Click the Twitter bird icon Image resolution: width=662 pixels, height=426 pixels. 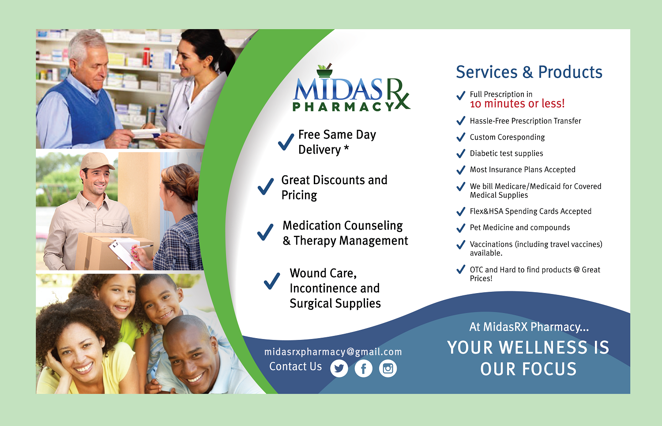click(x=339, y=368)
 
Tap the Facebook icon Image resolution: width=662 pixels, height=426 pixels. click(x=363, y=368)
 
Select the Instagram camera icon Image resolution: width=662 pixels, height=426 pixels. click(x=388, y=368)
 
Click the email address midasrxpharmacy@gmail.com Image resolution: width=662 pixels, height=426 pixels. click(x=333, y=352)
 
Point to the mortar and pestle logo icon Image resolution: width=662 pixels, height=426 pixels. click(x=325, y=71)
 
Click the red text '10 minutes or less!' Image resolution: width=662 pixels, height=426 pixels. click(x=517, y=104)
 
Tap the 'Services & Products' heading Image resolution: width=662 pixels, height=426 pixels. click(x=529, y=72)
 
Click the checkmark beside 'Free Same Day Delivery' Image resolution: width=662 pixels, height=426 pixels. click(x=286, y=142)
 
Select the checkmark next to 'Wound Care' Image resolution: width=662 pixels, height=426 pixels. click(x=272, y=281)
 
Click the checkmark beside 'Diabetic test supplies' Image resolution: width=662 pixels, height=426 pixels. click(x=461, y=154)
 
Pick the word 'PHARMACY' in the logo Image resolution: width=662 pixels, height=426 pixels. click(x=343, y=107)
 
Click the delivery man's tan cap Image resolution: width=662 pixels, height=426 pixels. click(x=96, y=161)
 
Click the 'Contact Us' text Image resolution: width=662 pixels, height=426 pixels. click(x=295, y=367)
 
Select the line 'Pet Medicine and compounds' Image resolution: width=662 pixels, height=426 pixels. click(x=519, y=228)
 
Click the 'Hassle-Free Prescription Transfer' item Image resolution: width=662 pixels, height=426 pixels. click(x=525, y=121)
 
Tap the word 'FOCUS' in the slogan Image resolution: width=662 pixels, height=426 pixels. click(x=549, y=369)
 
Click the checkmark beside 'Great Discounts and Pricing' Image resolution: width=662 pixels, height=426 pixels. click(x=266, y=187)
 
